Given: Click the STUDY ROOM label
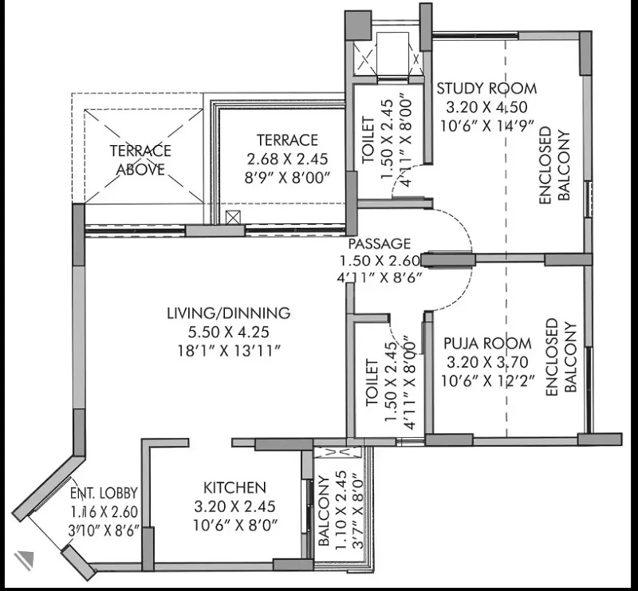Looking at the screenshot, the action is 486,88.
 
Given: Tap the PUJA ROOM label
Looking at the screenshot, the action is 487,343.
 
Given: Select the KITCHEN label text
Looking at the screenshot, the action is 234,487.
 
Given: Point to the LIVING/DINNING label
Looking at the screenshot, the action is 229,313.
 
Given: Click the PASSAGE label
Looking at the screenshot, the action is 380,243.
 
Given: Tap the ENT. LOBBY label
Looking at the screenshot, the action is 104,493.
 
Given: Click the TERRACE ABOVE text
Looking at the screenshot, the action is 141,160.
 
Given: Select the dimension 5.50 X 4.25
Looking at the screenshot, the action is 229,332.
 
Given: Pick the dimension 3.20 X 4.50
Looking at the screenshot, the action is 486,107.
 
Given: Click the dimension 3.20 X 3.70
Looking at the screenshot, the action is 487,362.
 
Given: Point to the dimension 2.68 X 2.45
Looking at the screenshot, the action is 287,159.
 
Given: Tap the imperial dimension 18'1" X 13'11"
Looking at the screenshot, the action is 229,351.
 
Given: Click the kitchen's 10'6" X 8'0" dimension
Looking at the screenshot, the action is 234,525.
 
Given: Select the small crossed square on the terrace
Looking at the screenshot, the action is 233,218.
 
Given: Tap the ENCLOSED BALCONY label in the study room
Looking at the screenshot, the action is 553,165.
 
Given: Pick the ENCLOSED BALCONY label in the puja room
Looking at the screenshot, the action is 561,357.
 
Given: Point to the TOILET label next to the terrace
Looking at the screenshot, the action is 368,140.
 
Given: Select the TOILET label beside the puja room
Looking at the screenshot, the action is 372,382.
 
